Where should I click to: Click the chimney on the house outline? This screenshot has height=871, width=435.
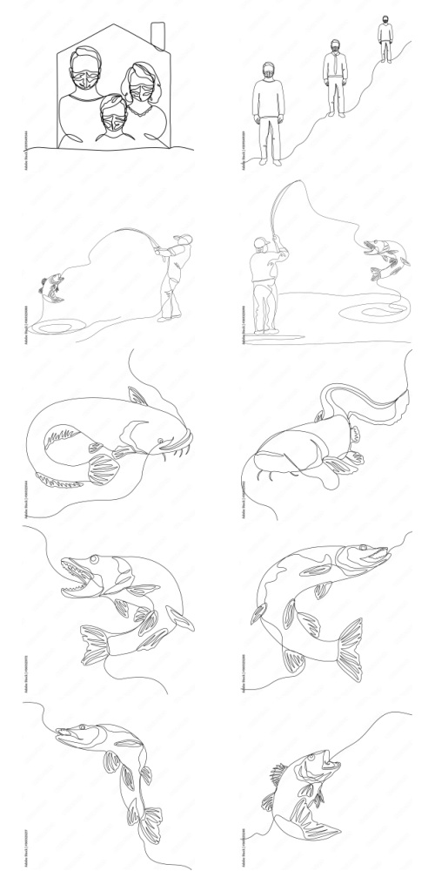pos(158,35)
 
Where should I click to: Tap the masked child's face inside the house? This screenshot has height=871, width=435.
pos(112,111)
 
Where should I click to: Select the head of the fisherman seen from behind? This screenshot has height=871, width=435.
pos(260,243)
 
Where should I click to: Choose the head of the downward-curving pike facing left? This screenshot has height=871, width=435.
pos(74,736)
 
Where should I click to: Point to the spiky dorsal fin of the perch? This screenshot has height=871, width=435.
pos(278,774)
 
